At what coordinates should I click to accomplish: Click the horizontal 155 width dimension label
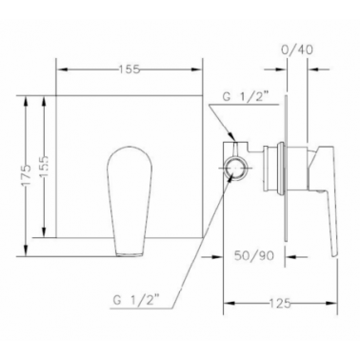click(x=130, y=70)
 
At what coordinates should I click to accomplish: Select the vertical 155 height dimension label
click(x=44, y=167)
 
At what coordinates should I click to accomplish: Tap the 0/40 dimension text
click(x=297, y=50)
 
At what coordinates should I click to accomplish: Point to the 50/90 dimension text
click(x=254, y=255)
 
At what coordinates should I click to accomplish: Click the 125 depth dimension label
click(x=281, y=304)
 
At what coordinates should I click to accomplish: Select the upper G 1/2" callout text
click(x=246, y=97)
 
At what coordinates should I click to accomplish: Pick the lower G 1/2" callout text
click(x=136, y=300)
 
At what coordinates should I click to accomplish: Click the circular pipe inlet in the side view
click(x=236, y=168)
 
